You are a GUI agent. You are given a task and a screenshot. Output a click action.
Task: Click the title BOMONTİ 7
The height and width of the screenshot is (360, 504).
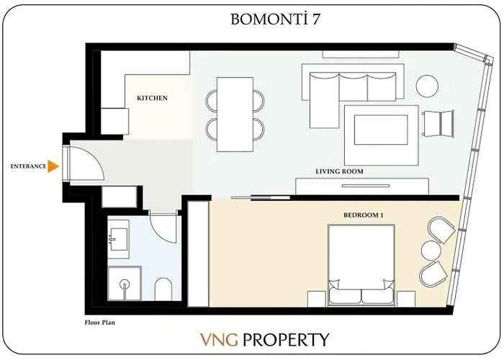[275, 19]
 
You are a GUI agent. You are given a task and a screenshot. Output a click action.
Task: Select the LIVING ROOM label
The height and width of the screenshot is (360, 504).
[338, 172]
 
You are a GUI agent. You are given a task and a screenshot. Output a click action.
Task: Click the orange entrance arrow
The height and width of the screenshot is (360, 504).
[53, 166]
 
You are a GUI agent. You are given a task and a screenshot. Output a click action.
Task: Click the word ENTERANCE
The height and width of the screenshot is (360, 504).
[28, 166]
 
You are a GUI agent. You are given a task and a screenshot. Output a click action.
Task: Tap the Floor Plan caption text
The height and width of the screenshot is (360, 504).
[99, 324]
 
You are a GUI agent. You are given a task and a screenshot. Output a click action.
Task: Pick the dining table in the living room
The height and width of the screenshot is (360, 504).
[234, 114]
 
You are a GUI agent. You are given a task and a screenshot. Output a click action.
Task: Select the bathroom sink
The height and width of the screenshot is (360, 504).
[117, 239]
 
